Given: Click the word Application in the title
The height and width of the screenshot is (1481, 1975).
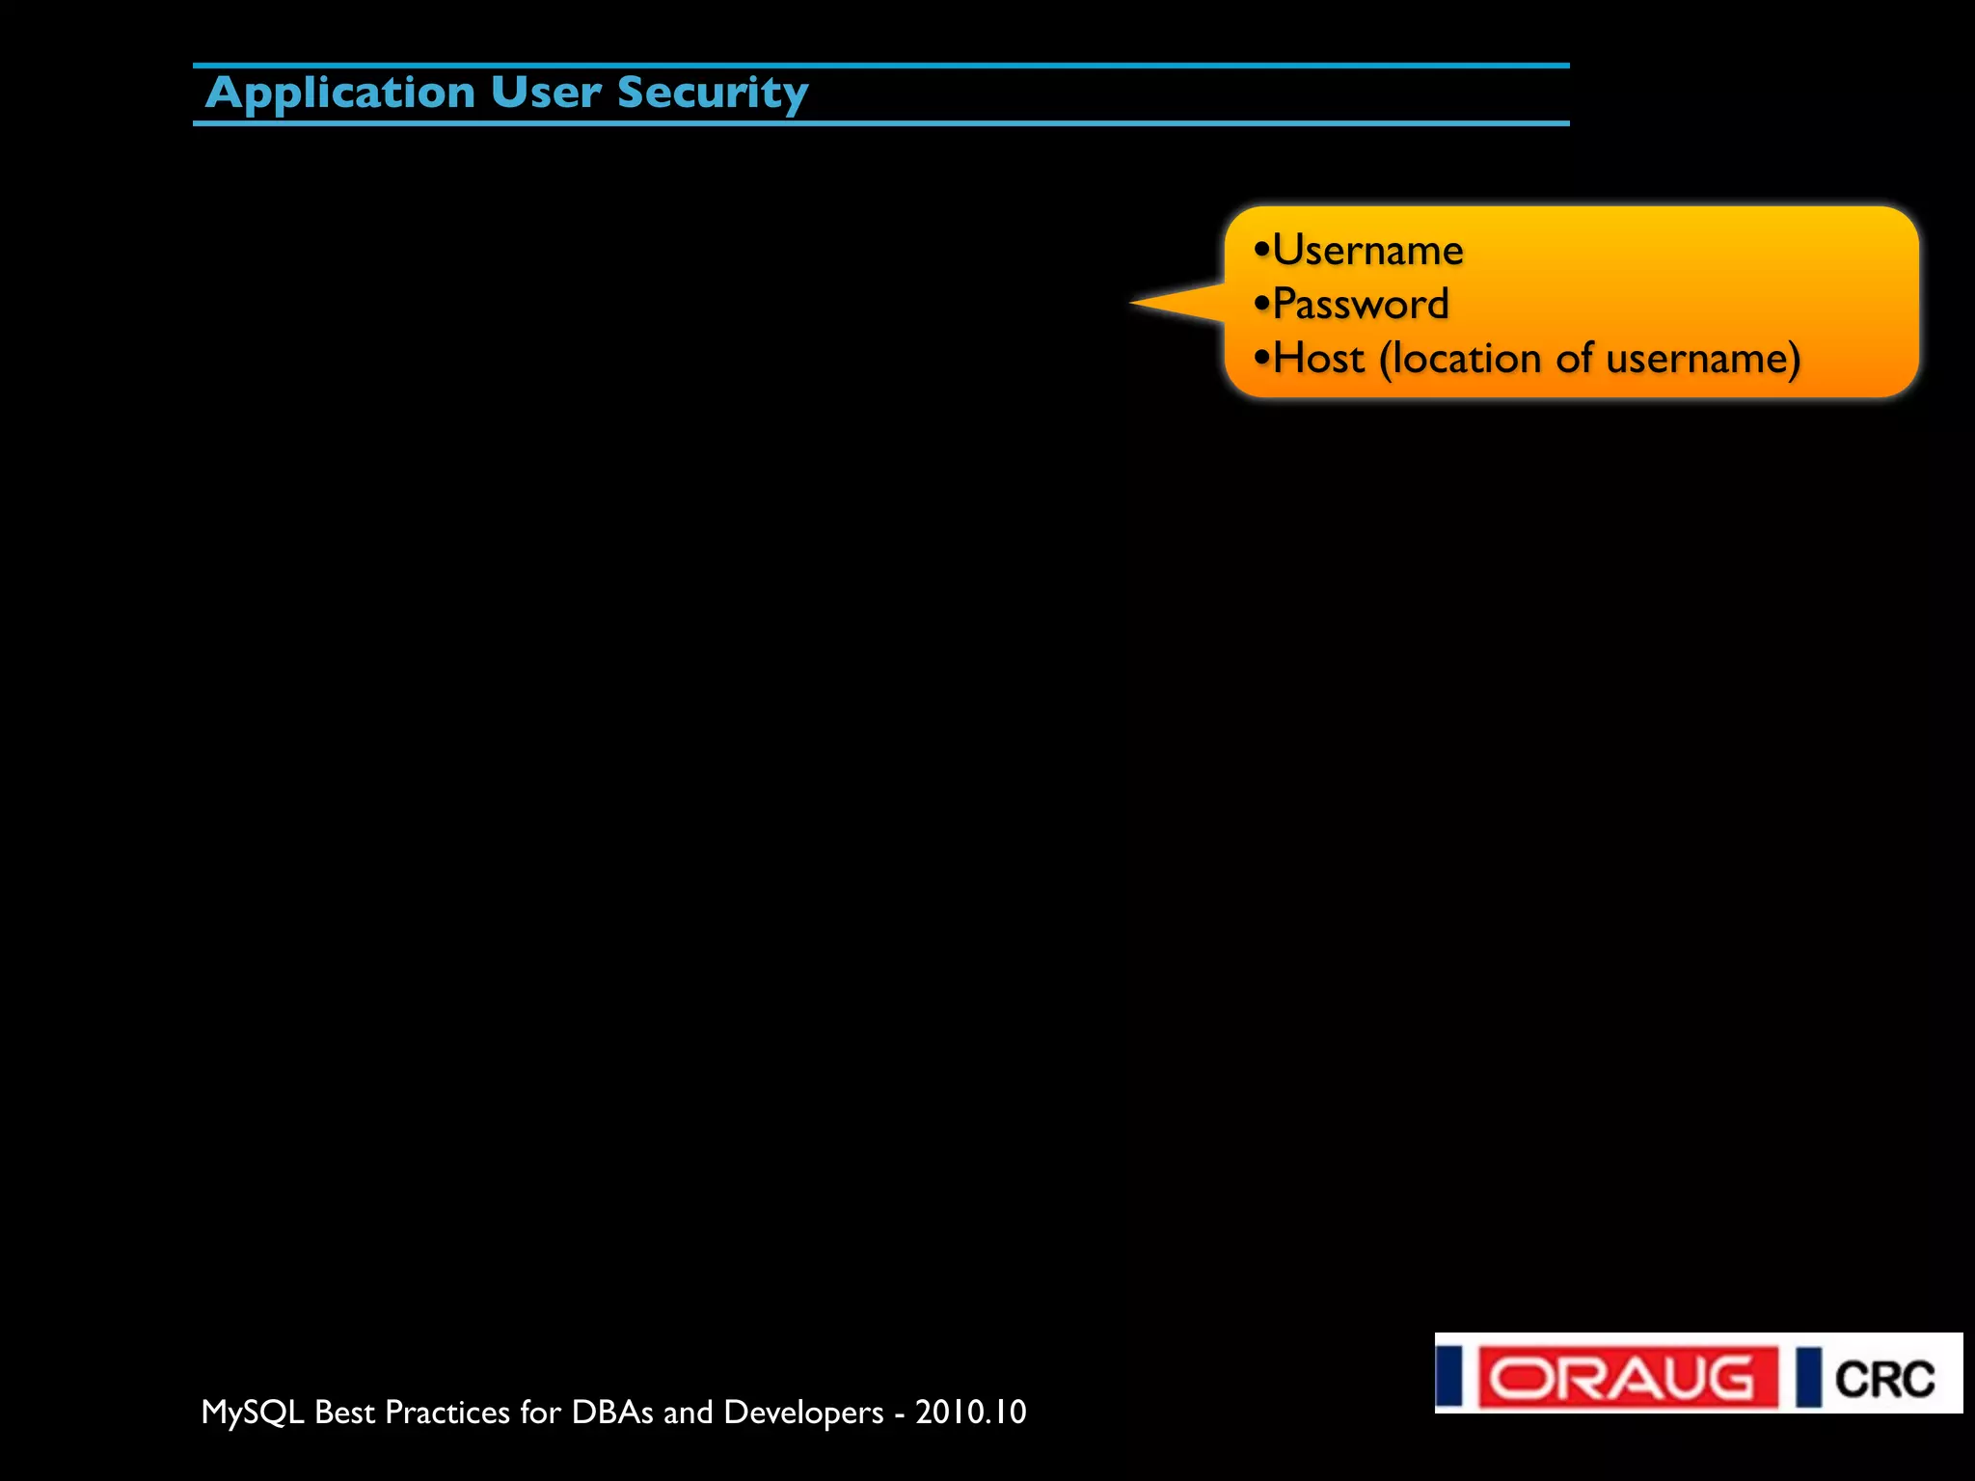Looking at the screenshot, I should point(340,94).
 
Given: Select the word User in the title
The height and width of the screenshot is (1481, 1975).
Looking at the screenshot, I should point(546,94).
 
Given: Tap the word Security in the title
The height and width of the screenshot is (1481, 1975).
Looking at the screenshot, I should point(713,94).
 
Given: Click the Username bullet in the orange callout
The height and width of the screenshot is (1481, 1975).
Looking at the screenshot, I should point(1367,251).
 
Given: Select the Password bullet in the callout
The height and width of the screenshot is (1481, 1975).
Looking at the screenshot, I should point(1360,305).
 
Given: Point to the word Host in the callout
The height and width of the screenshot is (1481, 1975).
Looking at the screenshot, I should point(1318,359).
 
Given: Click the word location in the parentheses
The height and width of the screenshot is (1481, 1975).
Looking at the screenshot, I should point(1468,359).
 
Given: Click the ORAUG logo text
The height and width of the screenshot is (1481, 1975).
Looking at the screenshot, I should point(1628,1378).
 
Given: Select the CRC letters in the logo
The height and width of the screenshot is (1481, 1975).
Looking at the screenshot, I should point(1884,1380).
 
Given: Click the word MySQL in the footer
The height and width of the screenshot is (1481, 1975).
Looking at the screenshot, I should point(252,1413).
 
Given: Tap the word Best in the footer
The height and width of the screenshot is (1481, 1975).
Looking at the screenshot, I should point(344,1413).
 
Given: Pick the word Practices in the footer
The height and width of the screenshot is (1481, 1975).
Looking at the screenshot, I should point(447,1413).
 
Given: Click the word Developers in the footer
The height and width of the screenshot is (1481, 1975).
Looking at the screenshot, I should point(803,1413).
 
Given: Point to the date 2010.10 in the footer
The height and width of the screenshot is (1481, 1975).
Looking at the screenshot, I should point(970,1413).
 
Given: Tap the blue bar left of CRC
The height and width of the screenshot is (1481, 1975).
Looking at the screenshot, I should point(1808,1378).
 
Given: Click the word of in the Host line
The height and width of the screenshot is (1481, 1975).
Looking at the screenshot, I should point(1574,359).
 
